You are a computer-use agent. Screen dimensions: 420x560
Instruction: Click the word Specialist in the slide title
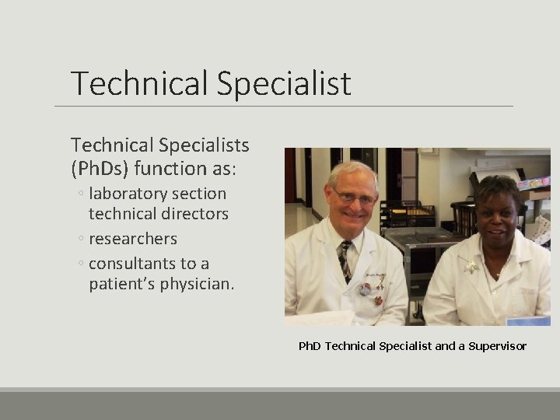coord(284,84)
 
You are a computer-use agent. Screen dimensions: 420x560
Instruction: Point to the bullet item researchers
coord(133,239)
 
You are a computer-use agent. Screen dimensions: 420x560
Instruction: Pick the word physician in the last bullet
coord(196,284)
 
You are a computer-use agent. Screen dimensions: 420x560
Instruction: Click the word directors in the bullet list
coord(191,214)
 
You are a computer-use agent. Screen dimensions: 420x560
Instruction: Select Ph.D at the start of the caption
coord(310,346)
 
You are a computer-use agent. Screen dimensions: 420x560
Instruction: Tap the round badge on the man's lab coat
coord(378,300)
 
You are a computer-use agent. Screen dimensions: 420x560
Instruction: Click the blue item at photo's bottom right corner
coord(528,320)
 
